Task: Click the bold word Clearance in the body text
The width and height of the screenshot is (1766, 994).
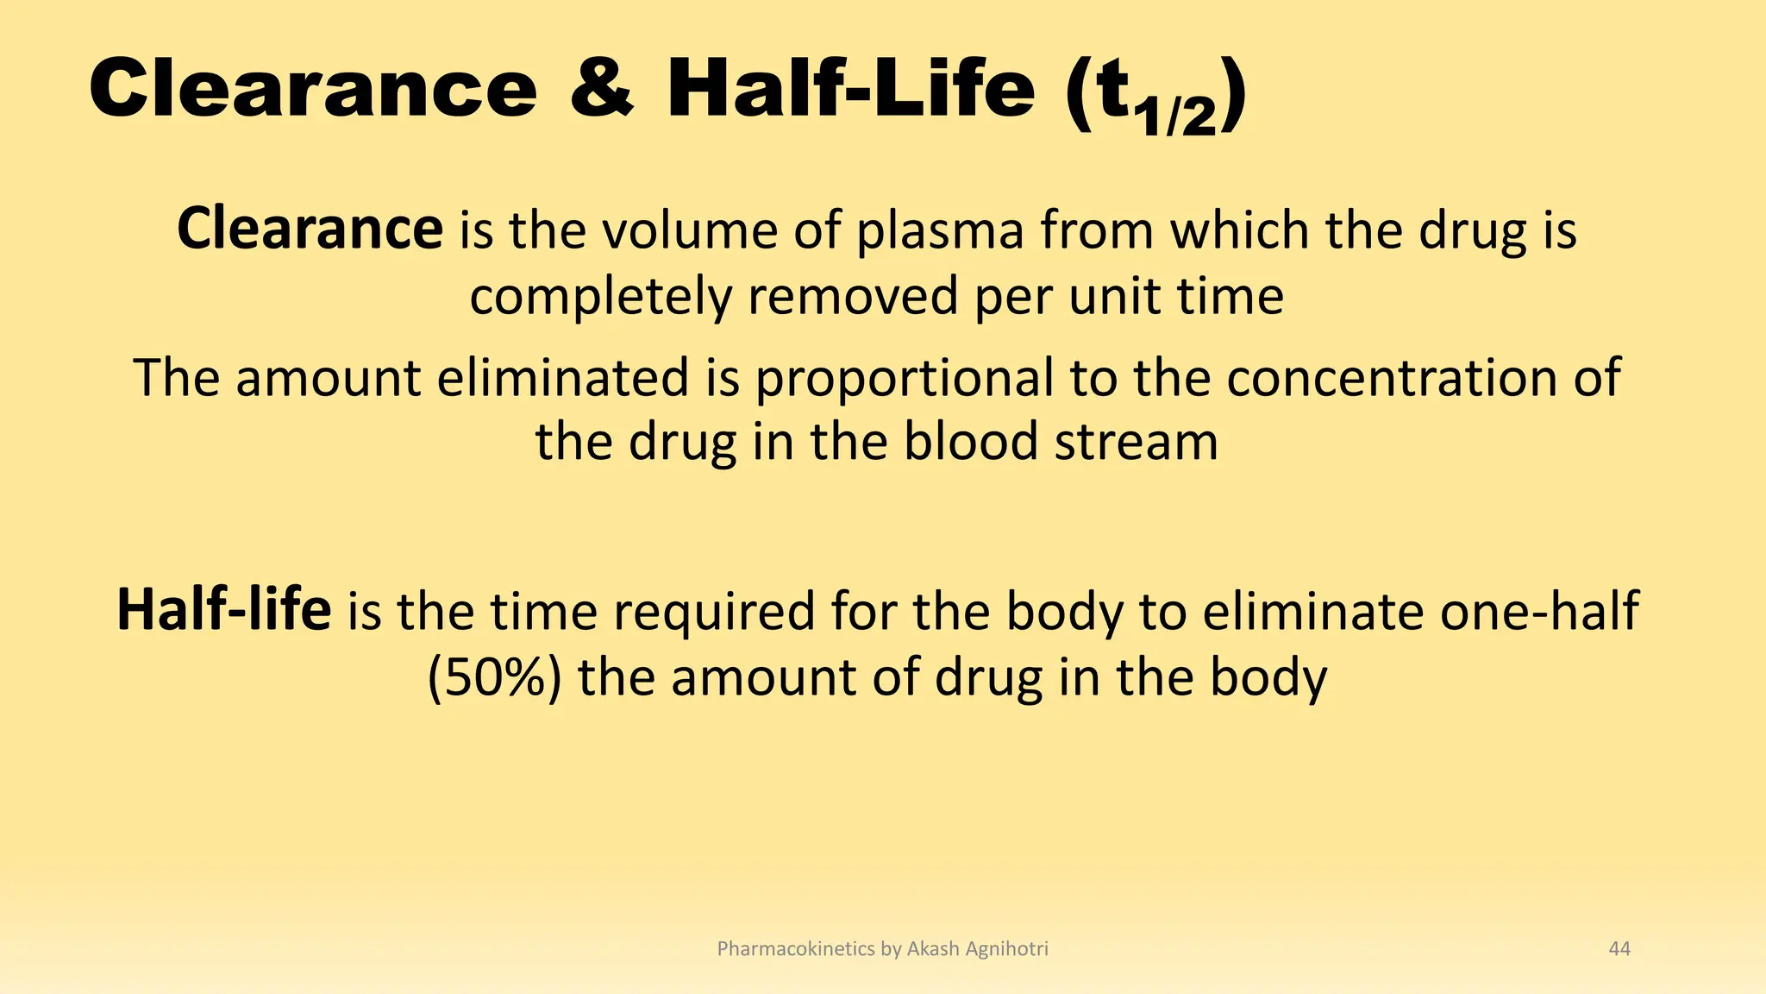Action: point(310,230)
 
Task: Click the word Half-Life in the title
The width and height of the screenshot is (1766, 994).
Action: point(849,89)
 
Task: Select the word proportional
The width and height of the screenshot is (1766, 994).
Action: point(905,380)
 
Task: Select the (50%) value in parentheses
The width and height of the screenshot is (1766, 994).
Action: point(495,678)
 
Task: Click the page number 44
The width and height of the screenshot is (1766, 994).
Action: point(1619,949)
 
